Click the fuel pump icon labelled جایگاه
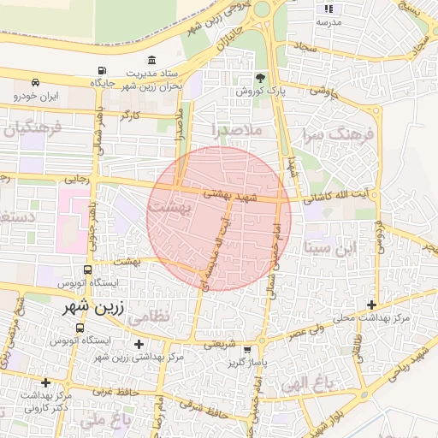tap(103, 71)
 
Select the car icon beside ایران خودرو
tap(35, 83)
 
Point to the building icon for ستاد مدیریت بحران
tap(151, 60)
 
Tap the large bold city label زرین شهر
tap(96, 305)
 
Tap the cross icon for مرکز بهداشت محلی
tap(370, 305)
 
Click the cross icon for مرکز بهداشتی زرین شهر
tap(139, 344)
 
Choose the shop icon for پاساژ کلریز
tap(247, 350)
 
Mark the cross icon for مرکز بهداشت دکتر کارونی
tap(45, 382)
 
